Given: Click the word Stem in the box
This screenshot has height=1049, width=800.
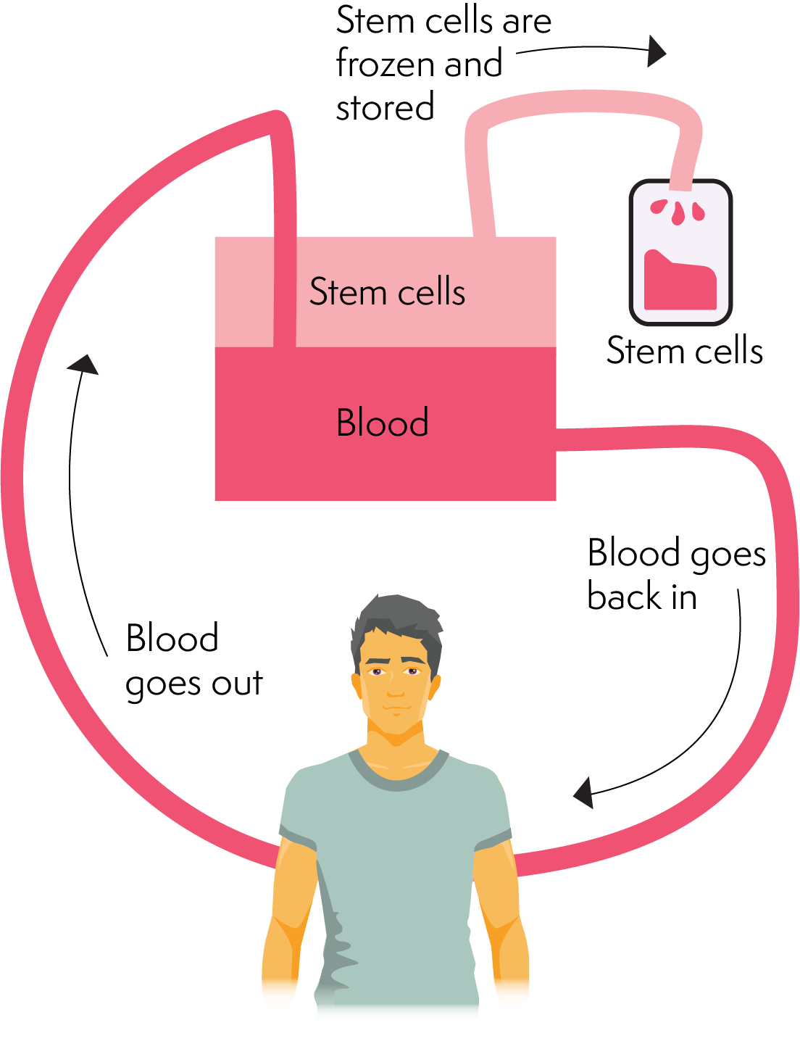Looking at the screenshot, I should (347, 292).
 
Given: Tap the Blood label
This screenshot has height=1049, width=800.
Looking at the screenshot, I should (383, 423).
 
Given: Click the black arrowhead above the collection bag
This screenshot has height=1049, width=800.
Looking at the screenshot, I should (655, 51).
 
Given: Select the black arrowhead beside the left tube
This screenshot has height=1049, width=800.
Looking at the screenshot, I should (84, 365).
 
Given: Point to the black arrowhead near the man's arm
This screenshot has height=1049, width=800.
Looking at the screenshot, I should (585, 793).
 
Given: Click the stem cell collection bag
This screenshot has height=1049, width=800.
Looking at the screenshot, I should (680, 252).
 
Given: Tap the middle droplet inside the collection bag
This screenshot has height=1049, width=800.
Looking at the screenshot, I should (678, 214).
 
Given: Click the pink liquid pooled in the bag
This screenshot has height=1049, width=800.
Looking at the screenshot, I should (680, 284).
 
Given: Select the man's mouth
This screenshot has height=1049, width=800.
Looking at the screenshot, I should (396, 708).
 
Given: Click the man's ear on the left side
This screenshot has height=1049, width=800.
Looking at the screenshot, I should (357, 686).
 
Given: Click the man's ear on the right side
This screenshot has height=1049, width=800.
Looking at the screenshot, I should (436, 686).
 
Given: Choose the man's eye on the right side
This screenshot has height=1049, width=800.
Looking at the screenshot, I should (412, 671).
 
